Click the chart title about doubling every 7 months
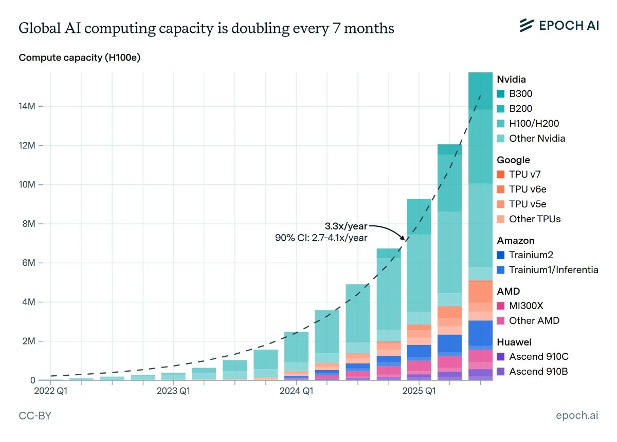206,29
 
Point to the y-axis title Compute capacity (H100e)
79,57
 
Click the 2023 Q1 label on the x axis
173,392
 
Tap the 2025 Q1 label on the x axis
419,392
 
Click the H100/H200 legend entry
534,124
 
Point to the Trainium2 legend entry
531,255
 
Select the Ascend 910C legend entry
538,357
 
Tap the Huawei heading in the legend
514,342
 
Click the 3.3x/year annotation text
346,226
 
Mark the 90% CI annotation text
321,238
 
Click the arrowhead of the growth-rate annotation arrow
404,238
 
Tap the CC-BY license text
35,416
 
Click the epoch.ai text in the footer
577,416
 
